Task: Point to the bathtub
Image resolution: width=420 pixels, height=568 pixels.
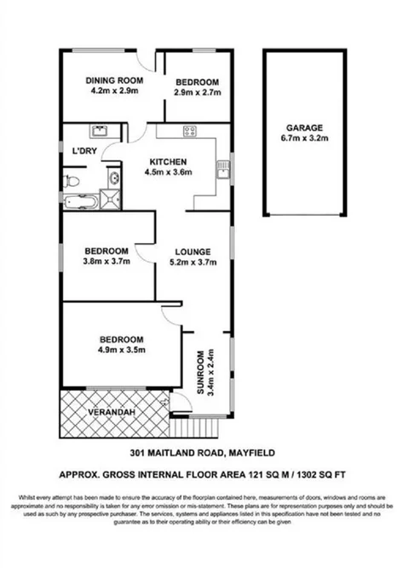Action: pyautogui.click(x=82, y=202)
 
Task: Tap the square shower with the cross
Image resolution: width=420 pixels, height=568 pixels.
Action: pyautogui.click(x=112, y=201)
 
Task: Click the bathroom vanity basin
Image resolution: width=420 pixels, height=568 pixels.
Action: pyautogui.click(x=113, y=178)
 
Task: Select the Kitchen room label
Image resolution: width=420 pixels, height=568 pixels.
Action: pyautogui.click(x=168, y=162)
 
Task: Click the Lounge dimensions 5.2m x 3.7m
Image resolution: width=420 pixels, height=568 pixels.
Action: pyautogui.click(x=192, y=263)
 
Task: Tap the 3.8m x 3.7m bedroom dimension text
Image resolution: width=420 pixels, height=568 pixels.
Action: pyautogui.click(x=106, y=262)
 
